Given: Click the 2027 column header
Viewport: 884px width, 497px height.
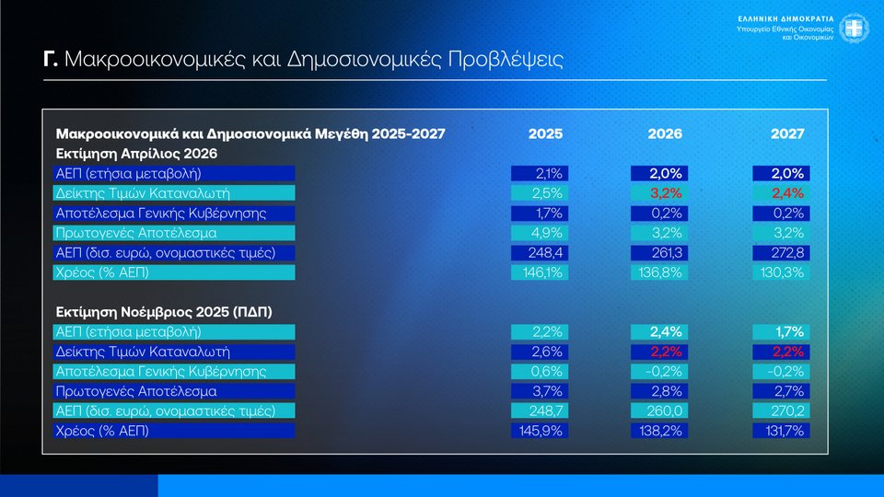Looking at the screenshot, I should (786, 133).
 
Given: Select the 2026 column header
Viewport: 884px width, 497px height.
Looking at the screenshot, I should (665, 133).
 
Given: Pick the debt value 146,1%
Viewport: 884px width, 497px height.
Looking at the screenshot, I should (543, 272).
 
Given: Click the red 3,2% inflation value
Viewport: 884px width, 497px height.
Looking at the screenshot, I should (665, 192).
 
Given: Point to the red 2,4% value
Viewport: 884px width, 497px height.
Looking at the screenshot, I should (786, 192).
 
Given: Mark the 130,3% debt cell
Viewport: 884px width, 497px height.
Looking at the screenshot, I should (783, 272).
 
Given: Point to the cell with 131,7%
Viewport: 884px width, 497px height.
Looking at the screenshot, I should (783, 430).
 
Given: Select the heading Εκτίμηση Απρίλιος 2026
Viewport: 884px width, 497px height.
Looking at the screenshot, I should (136, 153).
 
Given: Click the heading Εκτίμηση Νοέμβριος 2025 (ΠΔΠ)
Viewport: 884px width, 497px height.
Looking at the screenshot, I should (164, 311).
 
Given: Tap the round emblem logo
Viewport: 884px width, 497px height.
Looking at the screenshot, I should (855, 28).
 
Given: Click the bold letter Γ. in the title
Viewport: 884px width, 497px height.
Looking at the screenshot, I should (52, 61).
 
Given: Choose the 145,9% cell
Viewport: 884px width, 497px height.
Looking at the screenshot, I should (543, 430).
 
